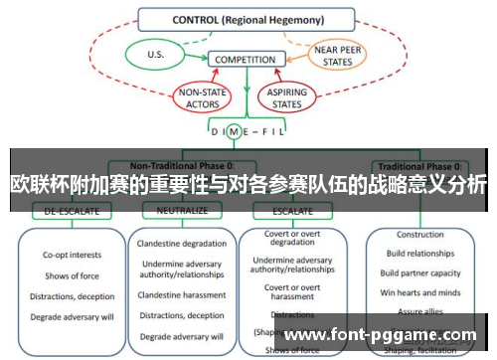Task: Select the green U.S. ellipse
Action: point(155,56)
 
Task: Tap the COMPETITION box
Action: point(245,60)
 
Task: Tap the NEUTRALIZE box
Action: point(181,211)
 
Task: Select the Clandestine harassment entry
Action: point(182,295)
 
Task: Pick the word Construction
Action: point(420,236)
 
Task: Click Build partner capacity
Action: point(420,273)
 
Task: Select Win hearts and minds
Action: point(420,291)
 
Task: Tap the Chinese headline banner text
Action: point(248,185)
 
